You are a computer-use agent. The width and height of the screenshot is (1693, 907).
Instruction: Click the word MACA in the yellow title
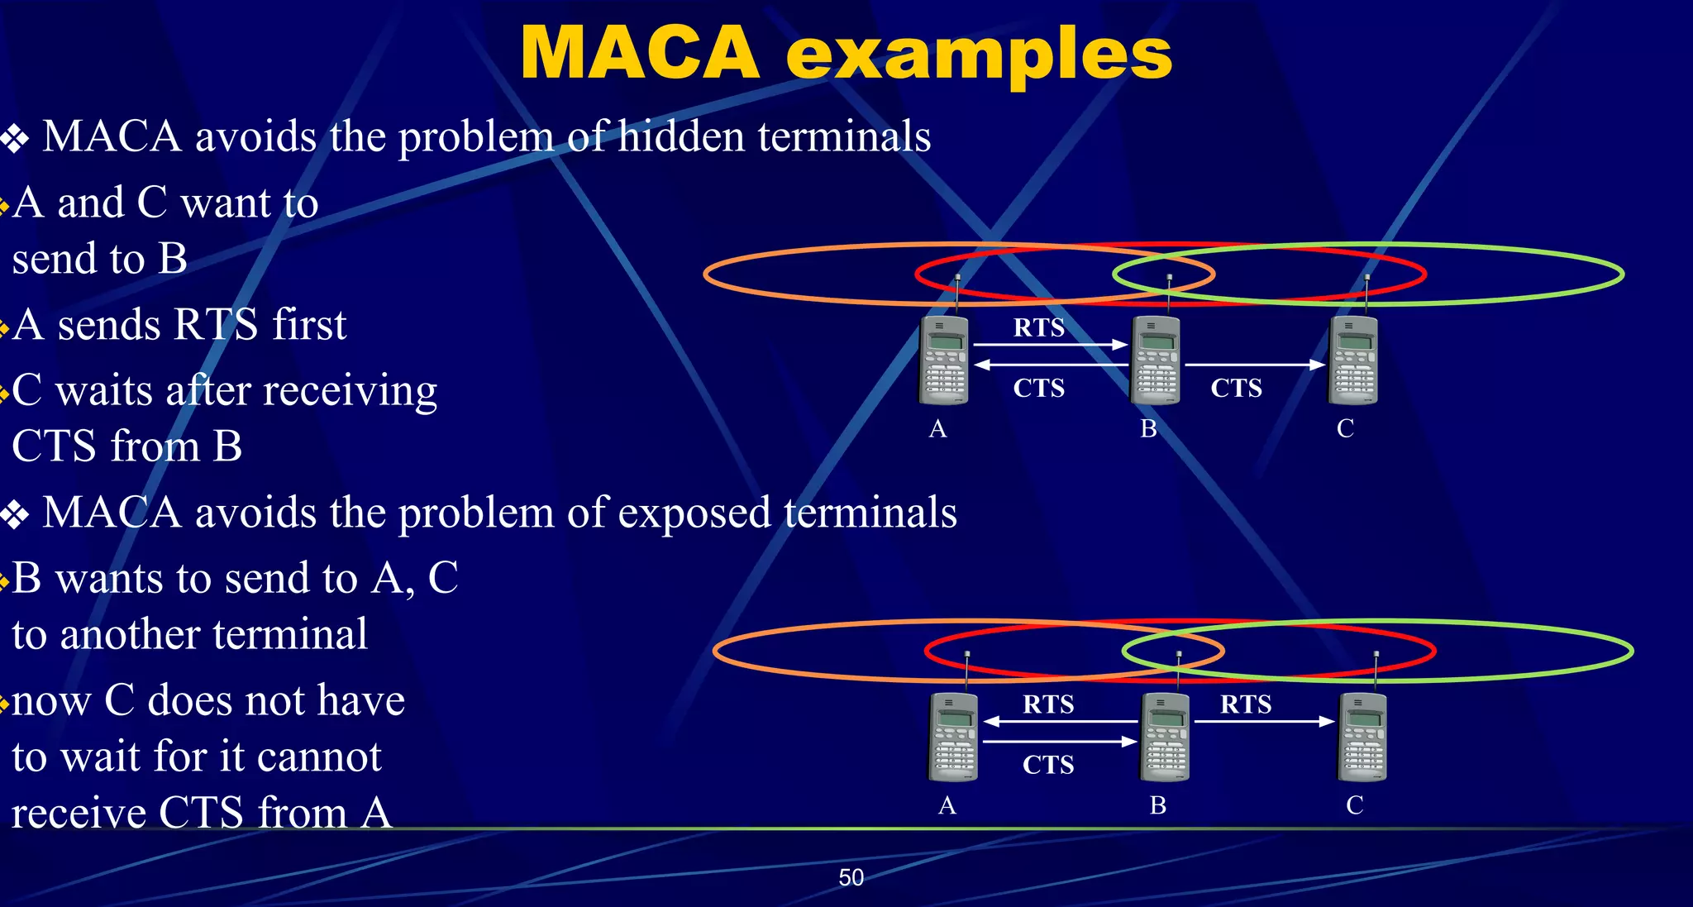pyautogui.click(x=640, y=53)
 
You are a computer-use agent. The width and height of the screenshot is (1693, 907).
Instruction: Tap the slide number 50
pyautogui.click(x=851, y=877)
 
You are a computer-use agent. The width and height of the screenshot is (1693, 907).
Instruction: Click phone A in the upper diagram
pyautogui.click(x=943, y=360)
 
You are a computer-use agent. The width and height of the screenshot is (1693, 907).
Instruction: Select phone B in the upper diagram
pyautogui.click(x=1156, y=360)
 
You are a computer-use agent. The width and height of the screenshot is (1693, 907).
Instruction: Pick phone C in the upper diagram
pyautogui.click(x=1353, y=360)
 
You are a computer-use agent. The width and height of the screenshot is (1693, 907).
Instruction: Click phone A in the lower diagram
pyautogui.click(x=953, y=737)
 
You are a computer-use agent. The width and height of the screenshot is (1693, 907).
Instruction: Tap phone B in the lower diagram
pyautogui.click(x=1165, y=737)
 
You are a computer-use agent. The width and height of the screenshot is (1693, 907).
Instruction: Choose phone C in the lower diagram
pyautogui.click(x=1362, y=737)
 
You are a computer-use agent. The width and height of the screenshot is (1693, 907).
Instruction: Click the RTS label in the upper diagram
pyautogui.click(x=1039, y=327)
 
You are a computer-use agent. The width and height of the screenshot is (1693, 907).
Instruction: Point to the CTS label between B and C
pyautogui.click(x=1236, y=388)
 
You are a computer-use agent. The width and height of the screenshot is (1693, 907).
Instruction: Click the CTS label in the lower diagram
pyautogui.click(x=1048, y=764)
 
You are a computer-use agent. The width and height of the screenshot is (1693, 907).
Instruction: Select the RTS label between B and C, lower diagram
pyautogui.click(x=1246, y=704)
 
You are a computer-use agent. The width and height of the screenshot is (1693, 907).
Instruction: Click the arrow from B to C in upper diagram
pyautogui.click(x=1254, y=364)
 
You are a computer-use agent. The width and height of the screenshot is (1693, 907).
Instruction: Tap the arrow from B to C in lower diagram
pyautogui.click(x=1264, y=722)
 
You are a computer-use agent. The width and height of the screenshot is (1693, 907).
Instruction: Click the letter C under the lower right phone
pyautogui.click(x=1354, y=804)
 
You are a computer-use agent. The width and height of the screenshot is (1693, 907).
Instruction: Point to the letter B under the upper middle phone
pyautogui.click(x=1148, y=428)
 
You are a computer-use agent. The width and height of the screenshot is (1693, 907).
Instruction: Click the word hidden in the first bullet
pyautogui.click(x=681, y=136)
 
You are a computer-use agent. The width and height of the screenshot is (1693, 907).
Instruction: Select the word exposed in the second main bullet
pyautogui.click(x=694, y=513)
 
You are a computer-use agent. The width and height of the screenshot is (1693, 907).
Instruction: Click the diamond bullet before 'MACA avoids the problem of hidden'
pyautogui.click(x=15, y=138)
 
